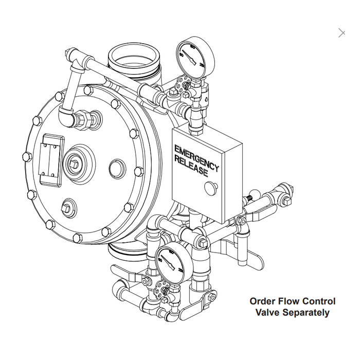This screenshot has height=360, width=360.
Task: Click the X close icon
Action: tap(342, 33)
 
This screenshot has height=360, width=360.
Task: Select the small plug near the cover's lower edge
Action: tap(67, 207)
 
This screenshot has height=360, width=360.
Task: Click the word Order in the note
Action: tap(262, 301)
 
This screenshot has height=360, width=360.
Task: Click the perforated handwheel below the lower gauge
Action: tap(163, 291)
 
